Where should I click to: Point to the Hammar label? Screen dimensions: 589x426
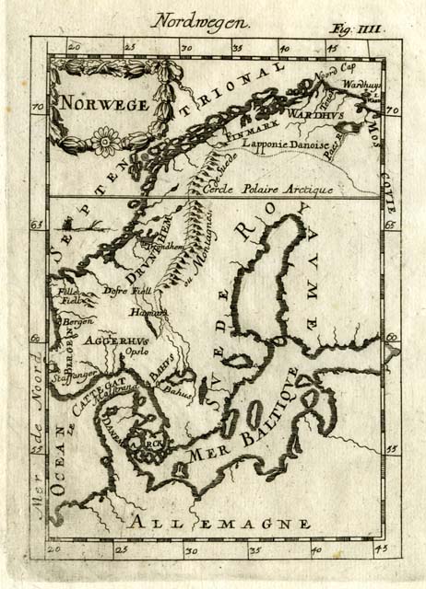[x=155, y=313]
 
